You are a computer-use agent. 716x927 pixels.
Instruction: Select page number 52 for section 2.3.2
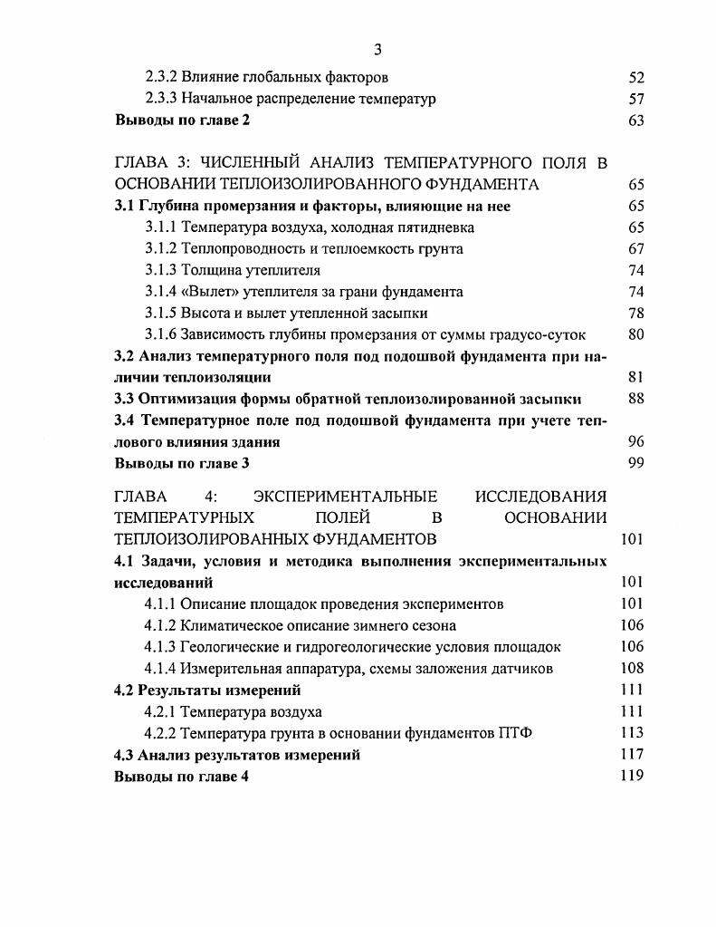(x=635, y=78)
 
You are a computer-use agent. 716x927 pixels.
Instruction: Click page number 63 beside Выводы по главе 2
(x=635, y=120)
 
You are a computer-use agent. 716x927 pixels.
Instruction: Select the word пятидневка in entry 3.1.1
(x=435, y=227)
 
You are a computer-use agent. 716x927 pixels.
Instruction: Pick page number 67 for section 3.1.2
(x=635, y=248)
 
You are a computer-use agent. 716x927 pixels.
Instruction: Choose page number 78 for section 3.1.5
(x=635, y=313)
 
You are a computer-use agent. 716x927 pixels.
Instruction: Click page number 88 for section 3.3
(x=635, y=399)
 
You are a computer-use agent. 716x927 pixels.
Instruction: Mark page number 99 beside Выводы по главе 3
(x=635, y=463)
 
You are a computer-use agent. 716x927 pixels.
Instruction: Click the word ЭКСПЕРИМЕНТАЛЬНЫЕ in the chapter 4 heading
(x=345, y=496)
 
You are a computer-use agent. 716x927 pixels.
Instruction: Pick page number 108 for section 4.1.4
(x=632, y=669)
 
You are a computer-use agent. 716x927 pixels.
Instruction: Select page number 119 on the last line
(x=632, y=776)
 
